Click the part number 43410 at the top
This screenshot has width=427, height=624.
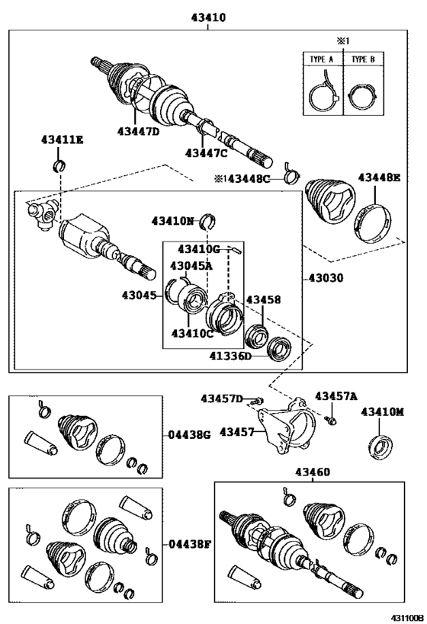(208, 18)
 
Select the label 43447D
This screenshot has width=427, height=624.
(138, 131)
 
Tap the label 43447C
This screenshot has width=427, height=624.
(206, 153)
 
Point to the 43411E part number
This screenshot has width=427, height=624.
(62, 139)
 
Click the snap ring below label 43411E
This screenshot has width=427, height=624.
(59, 165)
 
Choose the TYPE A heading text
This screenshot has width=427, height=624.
(322, 59)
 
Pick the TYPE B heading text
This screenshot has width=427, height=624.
(363, 59)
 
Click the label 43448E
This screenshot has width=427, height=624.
(379, 178)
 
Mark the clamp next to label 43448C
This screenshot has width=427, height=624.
(291, 174)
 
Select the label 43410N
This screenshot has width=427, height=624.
(172, 221)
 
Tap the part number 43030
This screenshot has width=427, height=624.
(326, 278)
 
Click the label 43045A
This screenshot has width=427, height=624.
(191, 266)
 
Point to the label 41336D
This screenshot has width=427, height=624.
(230, 355)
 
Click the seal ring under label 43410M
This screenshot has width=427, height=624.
(380, 447)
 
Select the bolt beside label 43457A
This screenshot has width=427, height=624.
(330, 420)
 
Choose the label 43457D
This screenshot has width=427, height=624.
(221, 398)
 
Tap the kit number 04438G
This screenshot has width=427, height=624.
(189, 435)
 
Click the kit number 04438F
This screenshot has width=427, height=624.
(189, 543)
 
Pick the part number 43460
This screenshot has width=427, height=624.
(313, 472)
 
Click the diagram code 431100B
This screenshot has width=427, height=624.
(406, 618)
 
